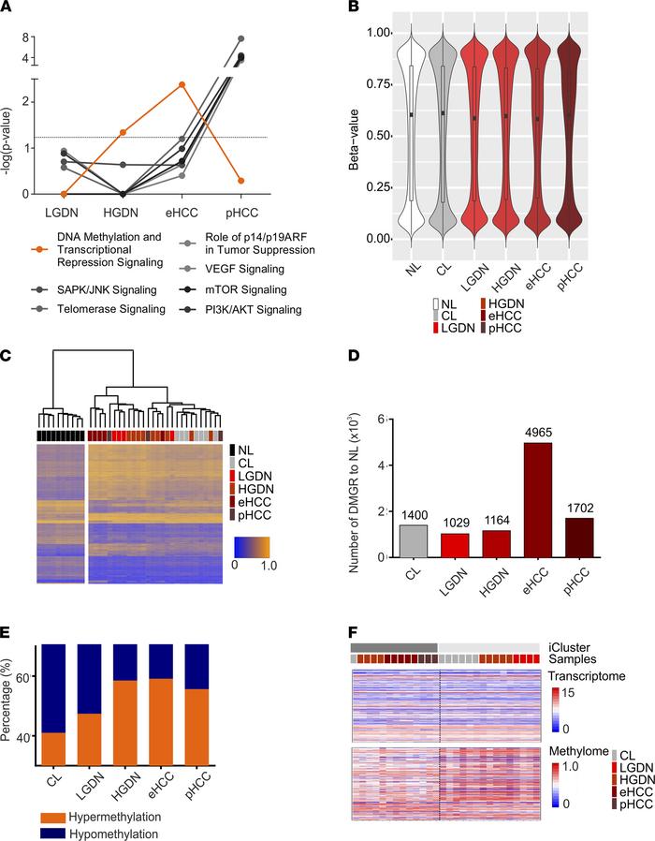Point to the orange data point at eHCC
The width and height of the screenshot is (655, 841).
point(182,84)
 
